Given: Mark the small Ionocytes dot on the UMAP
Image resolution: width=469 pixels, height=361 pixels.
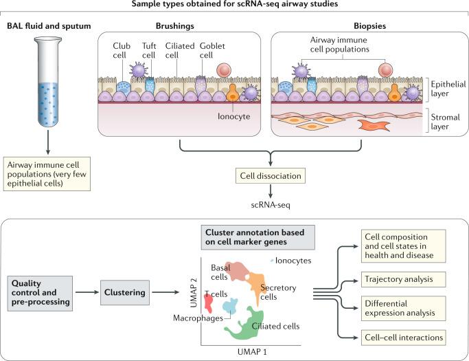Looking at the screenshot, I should (273, 260).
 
